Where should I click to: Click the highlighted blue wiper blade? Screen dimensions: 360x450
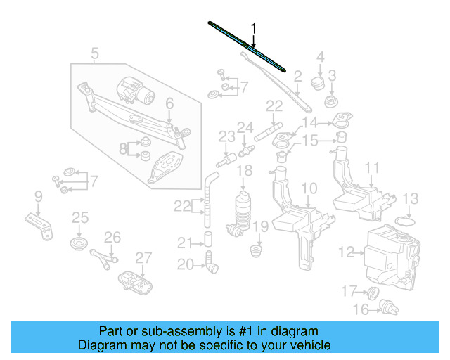pyautogui.click(x=247, y=46)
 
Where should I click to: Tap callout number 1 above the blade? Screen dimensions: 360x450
pyautogui.click(x=255, y=29)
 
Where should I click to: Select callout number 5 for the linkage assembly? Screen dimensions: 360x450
pyautogui.click(x=95, y=53)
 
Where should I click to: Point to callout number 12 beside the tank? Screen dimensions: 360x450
pyautogui.click(x=345, y=251)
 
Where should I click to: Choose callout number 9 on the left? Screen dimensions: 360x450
pyautogui.click(x=39, y=195)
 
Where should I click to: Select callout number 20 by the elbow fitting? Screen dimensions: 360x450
pyautogui.click(x=185, y=264)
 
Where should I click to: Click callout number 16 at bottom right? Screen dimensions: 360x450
pyautogui.click(x=359, y=309)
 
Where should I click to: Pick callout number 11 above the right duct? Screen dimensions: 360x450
pyautogui.click(x=372, y=168)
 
